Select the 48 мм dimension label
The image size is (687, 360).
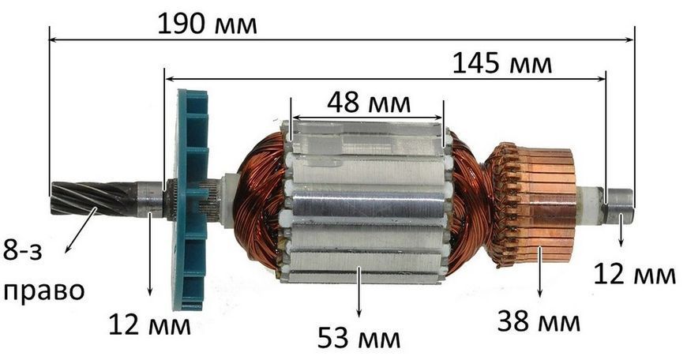click(x=369, y=103)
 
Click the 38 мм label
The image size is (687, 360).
click(x=539, y=321)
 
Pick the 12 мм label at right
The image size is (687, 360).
click(x=634, y=274)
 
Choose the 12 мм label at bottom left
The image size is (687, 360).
click(x=149, y=324)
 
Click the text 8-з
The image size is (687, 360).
click(x=23, y=251)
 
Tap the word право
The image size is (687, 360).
click(x=43, y=291)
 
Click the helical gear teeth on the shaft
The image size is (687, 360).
click(x=93, y=198)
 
